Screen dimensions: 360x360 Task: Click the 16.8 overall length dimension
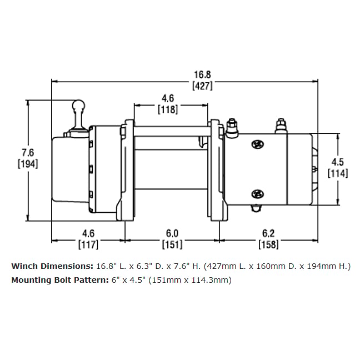(x=202, y=74)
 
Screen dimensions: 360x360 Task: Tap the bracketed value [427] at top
(x=202, y=86)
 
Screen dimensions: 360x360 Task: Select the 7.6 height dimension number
(x=28, y=152)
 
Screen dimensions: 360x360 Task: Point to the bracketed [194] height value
(x=28, y=164)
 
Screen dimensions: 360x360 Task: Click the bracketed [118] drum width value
(x=168, y=109)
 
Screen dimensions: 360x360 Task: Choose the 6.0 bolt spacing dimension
(x=172, y=233)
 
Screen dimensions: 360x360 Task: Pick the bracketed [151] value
(x=172, y=245)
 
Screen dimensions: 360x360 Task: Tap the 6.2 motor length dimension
(x=268, y=233)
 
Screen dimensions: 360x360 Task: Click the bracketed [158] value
(x=268, y=245)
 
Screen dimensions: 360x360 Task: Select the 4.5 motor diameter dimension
(x=338, y=162)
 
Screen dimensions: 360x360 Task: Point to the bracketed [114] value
(x=338, y=173)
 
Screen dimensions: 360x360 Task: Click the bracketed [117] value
(x=88, y=245)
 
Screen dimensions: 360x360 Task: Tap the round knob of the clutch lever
(x=78, y=106)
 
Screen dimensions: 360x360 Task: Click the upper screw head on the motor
(x=258, y=144)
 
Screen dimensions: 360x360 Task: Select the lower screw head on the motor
(x=258, y=194)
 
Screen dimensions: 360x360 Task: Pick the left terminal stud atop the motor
(x=232, y=128)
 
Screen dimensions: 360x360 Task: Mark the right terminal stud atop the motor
(x=281, y=126)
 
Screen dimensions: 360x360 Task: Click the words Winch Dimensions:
(x=52, y=266)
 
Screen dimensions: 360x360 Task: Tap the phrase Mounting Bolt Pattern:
(x=60, y=281)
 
